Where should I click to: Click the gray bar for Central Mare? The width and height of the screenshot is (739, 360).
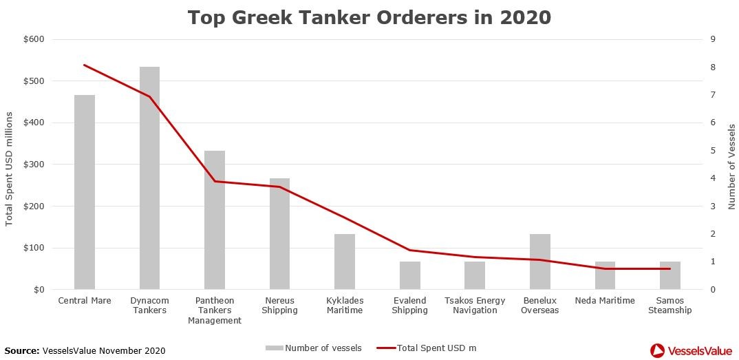[85, 193]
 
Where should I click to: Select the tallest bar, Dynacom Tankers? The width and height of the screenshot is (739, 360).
[149, 179]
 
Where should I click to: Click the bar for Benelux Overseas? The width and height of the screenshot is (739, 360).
[539, 262]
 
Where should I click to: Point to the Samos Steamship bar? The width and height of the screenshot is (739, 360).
[670, 275]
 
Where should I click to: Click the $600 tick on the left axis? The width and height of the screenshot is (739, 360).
[34, 39]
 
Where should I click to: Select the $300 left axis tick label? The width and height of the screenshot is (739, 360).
[34, 165]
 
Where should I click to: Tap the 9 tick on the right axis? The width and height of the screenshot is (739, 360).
[713, 39]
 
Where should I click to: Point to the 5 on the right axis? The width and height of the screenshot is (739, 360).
[713, 151]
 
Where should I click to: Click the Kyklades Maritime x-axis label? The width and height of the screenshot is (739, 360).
[345, 306]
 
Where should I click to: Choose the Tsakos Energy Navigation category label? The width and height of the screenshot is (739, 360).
[475, 306]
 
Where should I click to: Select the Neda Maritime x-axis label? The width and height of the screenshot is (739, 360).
[605, 301]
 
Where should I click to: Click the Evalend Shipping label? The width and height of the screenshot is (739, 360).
[409, 306]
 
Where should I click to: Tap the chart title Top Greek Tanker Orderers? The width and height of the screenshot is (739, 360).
[369, 18]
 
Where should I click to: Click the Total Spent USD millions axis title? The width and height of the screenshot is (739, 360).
[10, 165]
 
